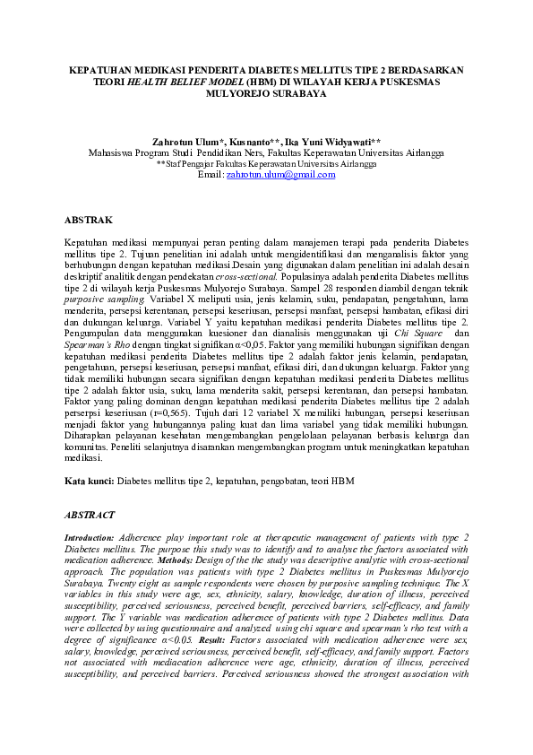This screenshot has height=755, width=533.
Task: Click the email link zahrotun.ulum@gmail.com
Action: [280, 175]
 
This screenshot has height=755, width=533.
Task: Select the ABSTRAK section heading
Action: [90, 220]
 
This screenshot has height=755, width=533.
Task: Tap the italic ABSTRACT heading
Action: [90, 515]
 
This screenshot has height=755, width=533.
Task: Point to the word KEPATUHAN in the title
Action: [105, 68]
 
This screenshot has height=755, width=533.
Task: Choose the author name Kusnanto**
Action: [254, 142]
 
